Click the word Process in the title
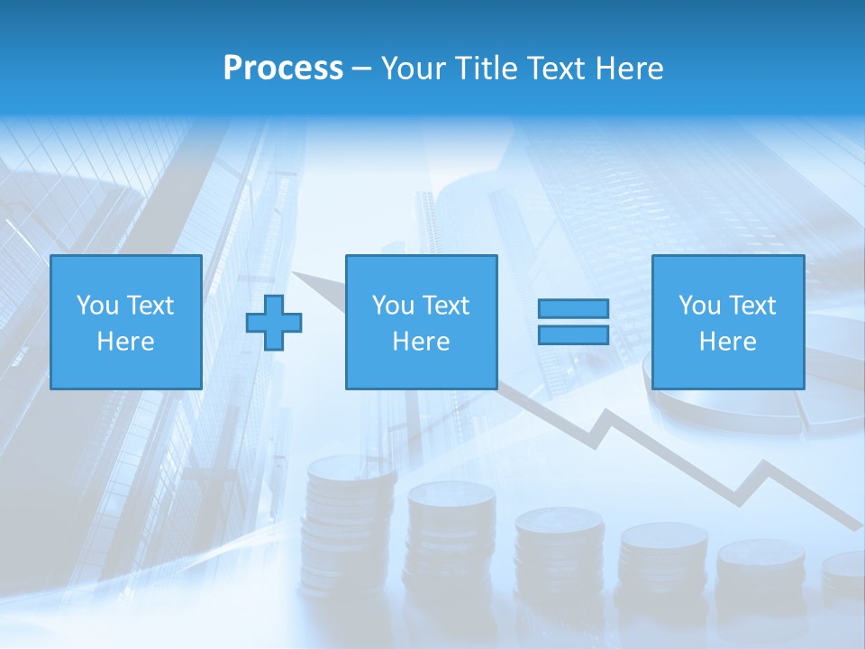tap(283, 69)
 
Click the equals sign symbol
tap(573, 322)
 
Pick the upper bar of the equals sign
tap(573, 309)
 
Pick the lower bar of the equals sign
tap(573, 334)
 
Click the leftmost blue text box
tap(125, 322)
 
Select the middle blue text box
tap(421, 322)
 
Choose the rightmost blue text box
tap(727, 322)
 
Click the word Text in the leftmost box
tap(150, 306)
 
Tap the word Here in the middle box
tap(421, 342)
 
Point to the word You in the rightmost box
tap(699, 306)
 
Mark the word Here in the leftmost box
tap(125, 342)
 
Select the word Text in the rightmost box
tap(751, 306)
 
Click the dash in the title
tap(362, 69)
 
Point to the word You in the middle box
tap(393, 306)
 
